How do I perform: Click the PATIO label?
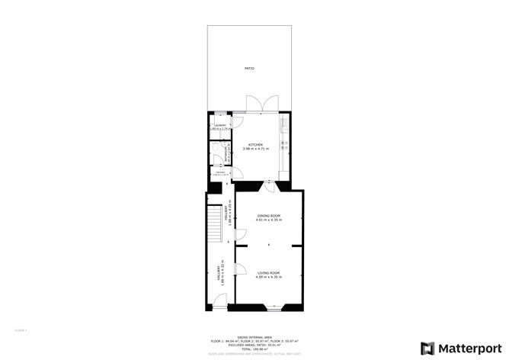[x=249, y=69]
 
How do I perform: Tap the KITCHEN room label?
[x=255, y=145]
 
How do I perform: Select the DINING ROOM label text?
[x=269, y=216]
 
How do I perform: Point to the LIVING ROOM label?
[x=269, y=272]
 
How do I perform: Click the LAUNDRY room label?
[x=220, y=125]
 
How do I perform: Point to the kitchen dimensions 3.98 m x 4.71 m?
[x=255, y=149]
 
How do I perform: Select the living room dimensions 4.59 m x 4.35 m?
[x=269, y=277]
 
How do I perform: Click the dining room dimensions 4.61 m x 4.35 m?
[x=269, y=220]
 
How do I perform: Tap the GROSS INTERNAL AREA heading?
[x=255, y=336]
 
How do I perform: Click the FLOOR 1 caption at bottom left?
[x=21, y=330]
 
